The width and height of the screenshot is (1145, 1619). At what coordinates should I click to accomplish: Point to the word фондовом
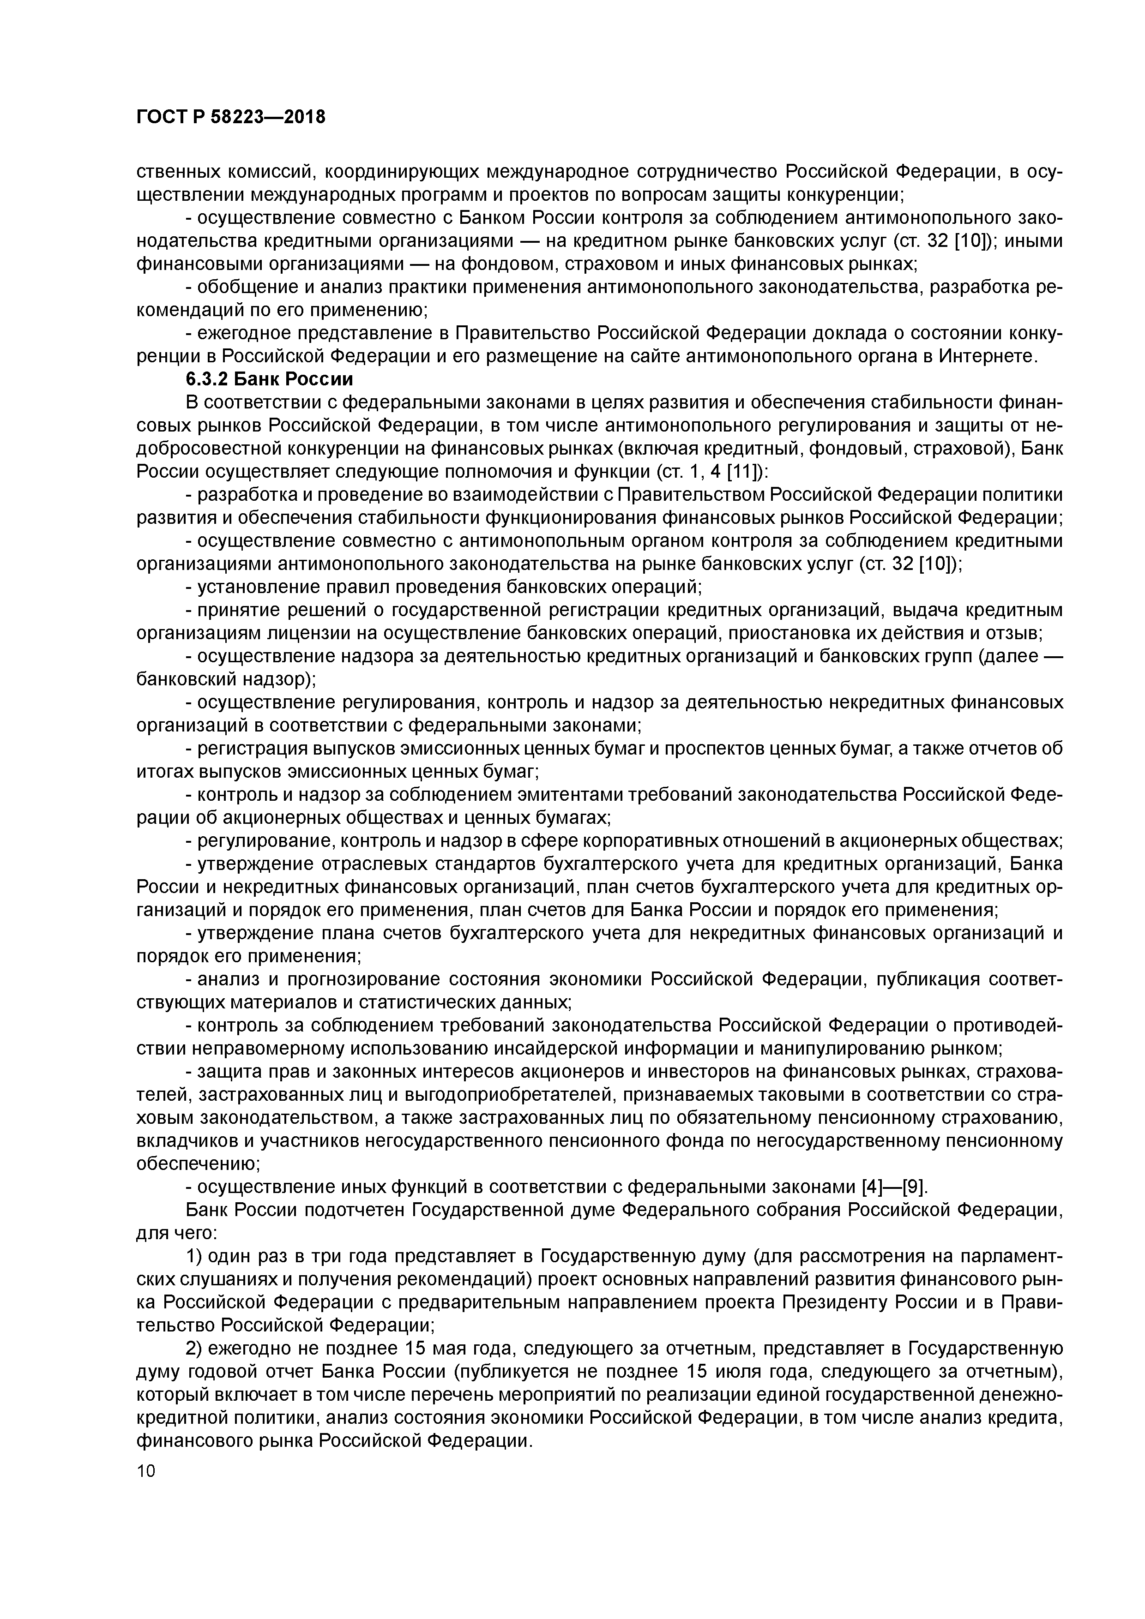(x=508, y=264)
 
